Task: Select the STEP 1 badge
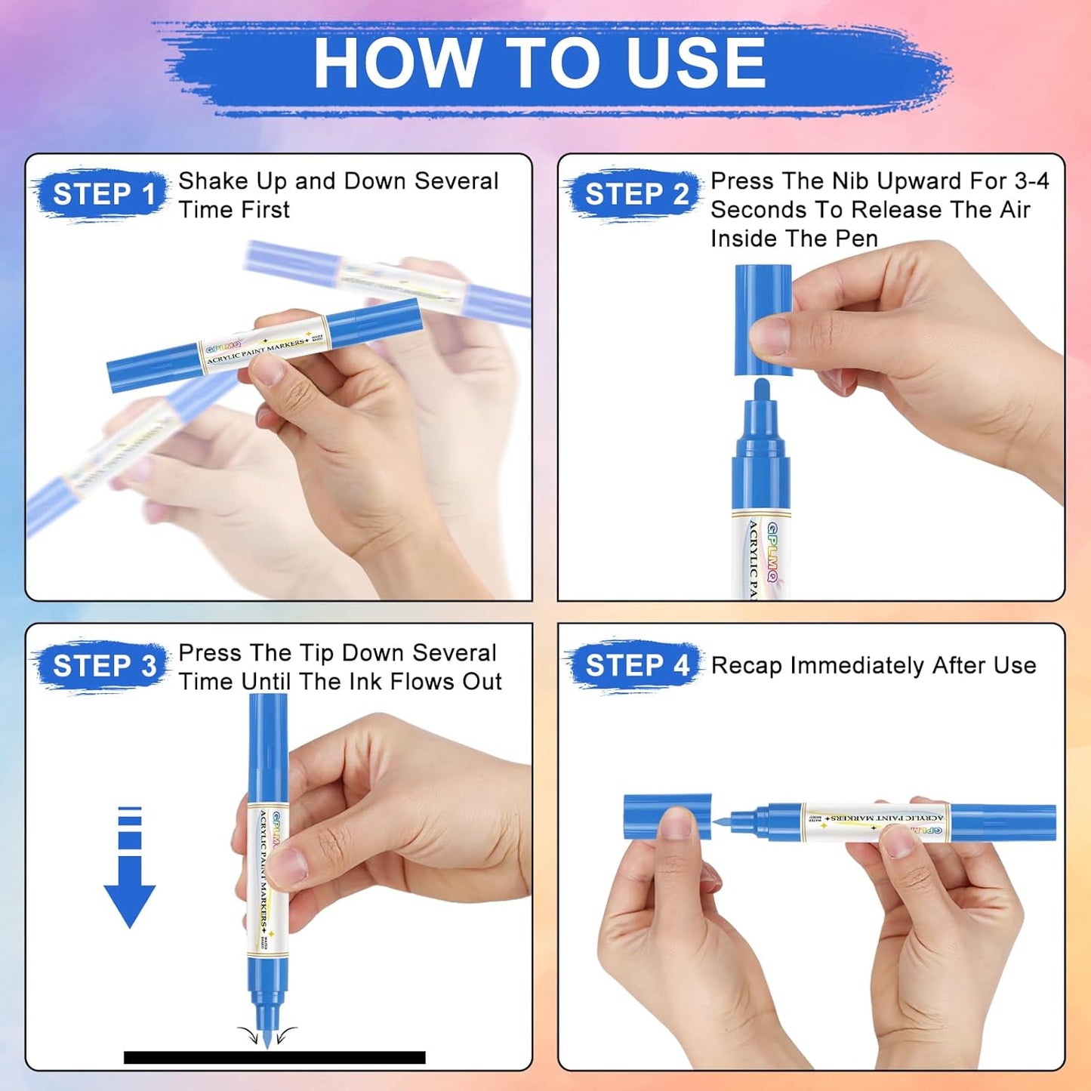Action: point(103,195)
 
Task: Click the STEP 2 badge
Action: point(636,195)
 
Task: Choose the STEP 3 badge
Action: point(103,666)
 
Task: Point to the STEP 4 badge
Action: point(636,666)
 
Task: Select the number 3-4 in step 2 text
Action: point(1031,181)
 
